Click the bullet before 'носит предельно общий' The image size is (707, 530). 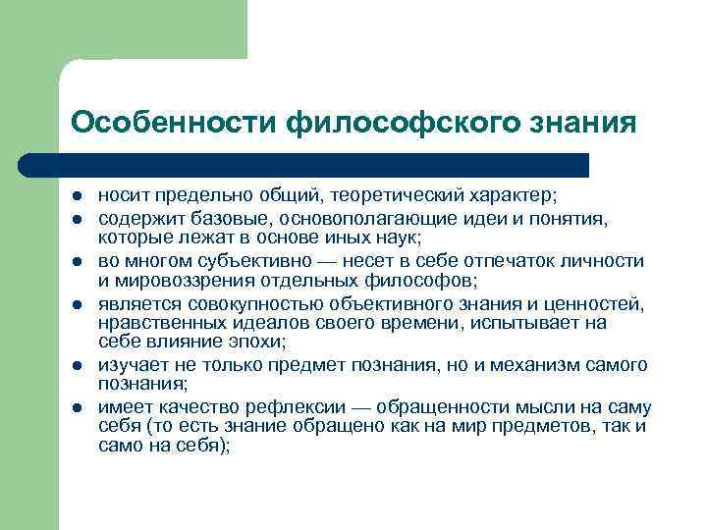click(x=77, y=196)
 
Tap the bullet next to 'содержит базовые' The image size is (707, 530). click(x=77, y=219)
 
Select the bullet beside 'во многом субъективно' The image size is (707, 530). click(x=77, y=261)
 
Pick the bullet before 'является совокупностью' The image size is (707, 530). click(x=77, y=303)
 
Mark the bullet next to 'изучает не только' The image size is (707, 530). click(x=77, y=365)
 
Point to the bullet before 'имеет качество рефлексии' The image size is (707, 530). click(x=77, y=407)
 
